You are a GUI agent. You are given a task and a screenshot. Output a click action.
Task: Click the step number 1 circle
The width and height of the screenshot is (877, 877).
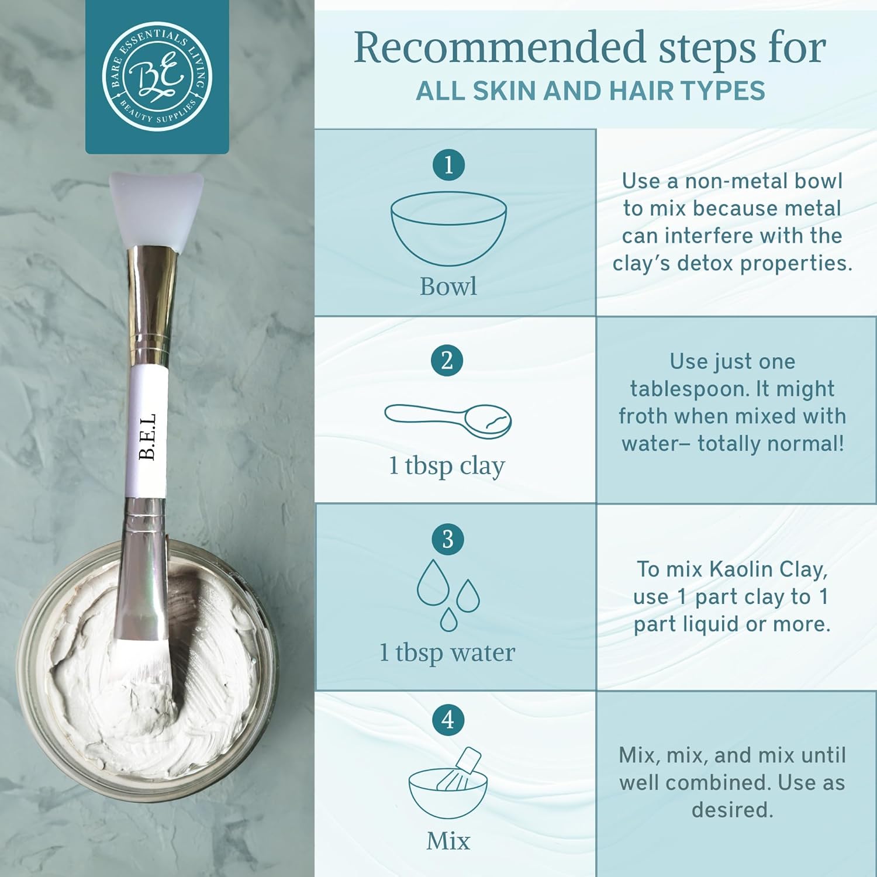pos(448,165)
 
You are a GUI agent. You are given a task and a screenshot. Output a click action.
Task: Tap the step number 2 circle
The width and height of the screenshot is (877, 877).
pos(447,361)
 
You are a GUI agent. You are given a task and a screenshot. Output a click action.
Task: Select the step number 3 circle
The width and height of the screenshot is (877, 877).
pos(448,539)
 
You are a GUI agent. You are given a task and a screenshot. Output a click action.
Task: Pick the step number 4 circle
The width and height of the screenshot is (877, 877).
pos(448,720)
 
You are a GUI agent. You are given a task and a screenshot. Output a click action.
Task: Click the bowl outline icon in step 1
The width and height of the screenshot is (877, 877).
pos(448,228)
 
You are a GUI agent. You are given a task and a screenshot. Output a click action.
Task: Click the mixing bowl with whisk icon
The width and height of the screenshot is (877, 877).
pos(448,783)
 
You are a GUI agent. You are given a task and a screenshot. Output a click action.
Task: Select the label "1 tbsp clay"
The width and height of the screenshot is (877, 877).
pos(447,467)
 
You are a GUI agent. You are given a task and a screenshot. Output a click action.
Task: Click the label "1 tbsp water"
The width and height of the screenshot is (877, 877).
pos(447,652)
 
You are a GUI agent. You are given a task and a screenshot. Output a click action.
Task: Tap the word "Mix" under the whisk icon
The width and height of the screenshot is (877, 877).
pos(448,841)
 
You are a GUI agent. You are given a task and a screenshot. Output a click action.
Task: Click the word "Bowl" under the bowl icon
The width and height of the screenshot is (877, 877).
pos(448,286)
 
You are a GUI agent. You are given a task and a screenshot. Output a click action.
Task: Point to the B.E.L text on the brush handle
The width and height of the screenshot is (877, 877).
pos(148,436)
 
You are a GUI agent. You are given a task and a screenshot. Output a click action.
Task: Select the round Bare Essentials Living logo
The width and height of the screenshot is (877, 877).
pos(157,77)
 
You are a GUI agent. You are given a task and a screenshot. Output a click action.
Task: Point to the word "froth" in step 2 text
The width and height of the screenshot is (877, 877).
pos(644,416)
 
